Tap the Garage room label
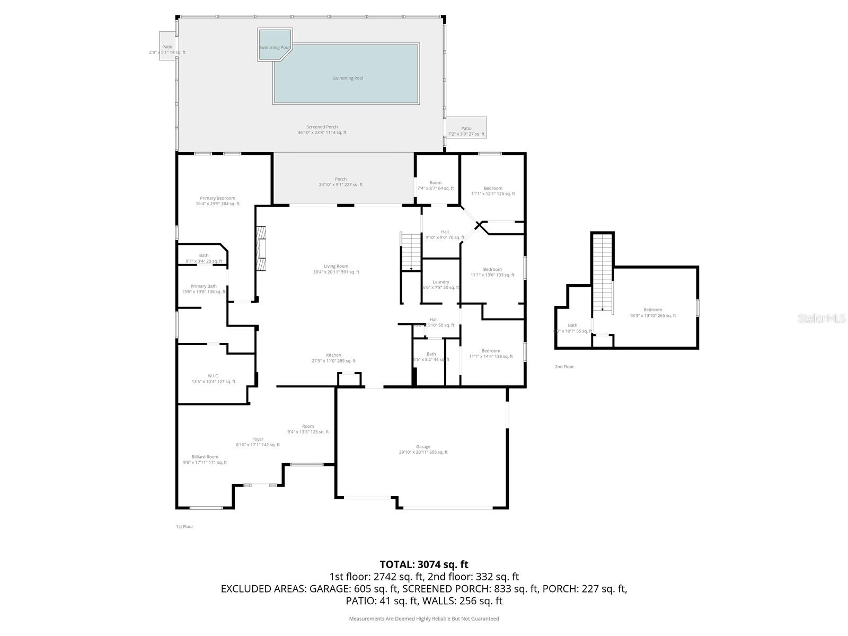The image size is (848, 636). click(423, 449)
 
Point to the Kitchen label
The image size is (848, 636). click(333, 358)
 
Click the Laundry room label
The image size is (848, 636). click(440, 285)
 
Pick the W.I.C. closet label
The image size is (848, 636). click(213, 378)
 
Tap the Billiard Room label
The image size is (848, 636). click(205, 460)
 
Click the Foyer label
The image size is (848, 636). click(258, 442)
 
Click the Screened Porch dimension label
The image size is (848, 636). click(322, 130)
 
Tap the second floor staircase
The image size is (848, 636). click(602, 273)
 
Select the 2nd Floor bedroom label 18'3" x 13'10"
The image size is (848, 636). click(652, 313)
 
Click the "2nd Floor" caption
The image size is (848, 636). click(564, 367)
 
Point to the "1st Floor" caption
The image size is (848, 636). click(184, 527)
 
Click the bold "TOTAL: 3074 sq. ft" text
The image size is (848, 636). click(424, 564)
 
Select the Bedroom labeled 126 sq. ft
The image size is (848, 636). click(493, 191)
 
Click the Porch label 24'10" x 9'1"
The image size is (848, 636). click(341, 182)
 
